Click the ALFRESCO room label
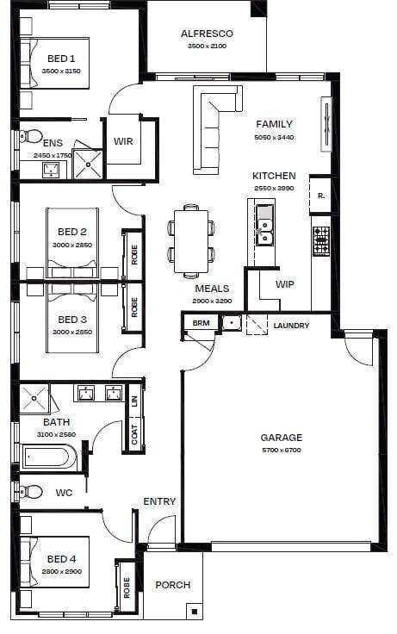coord(207,34)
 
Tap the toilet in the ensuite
coord(31,136)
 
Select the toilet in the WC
coord(31,492)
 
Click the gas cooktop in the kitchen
coord(321,241)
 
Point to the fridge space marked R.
coord(320,196)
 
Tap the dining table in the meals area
coord(191,241)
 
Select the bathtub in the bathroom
coord(48,457)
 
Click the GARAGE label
coord(282,437)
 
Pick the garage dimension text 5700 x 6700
coord(282,450)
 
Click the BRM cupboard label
coord(201,323)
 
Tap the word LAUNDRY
coord(291,326)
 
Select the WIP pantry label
coord(284,284)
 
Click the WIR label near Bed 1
coord(123,141)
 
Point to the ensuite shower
coord(87,165)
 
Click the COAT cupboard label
coord(134,434)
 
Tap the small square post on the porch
coord(195,611)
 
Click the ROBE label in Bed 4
coord(127,587)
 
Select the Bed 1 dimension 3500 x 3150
coord(61,71)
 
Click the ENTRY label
coord(159,501)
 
